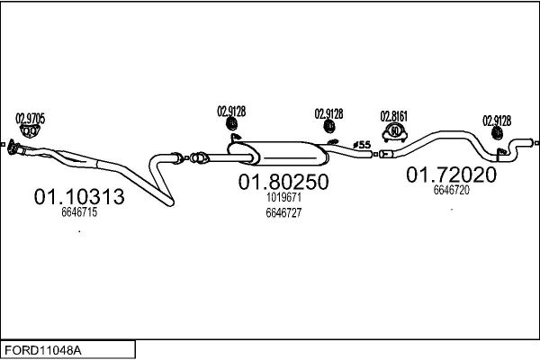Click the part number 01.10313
pyautogui.click(x=79, y=197)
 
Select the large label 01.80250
pyautogui.click(x=283, y=182)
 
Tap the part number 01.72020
pyautogui.click(x=451, y=175)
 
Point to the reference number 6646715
pyautogui.click(x=79, y=212)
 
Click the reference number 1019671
pyautogui.click(x=283, y=197)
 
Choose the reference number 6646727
pyautogui.click(x=283, y=213)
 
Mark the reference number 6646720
pyautogui.click(x=452, y=190)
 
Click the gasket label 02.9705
pyautogui.click(x=31, y=119)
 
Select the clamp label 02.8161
pyautogui.click(x=394, y=116)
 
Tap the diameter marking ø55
pyautogui.click(x=362, y=145)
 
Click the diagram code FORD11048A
pyautogui.click(x=43, y=351)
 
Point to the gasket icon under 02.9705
pyautogui.click(x=30, y=131)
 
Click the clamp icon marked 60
pyautogui.click(x=395, y=133)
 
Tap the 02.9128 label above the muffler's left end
pyautogui.click(x=231, y=112)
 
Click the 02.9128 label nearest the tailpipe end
pyautogui.click(x=497, y=121)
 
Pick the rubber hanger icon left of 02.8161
pyautogui.click(x=329, y=126)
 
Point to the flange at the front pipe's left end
pyautogui.click(x=13, y=147)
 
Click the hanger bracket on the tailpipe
pyautogui.click(x=500, y=154)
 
